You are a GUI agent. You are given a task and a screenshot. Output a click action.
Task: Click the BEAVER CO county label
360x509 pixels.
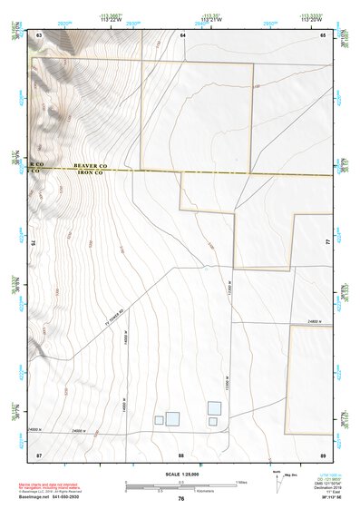click(94, 168)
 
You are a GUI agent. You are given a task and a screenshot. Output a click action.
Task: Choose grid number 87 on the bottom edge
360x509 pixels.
click(39, 453)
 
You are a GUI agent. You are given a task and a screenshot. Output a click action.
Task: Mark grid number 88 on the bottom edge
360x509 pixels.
click(181, 453)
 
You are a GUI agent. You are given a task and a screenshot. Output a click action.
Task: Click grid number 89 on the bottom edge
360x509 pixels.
click(322, 453)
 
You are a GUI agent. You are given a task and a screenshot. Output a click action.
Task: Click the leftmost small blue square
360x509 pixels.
click(159, 419)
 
